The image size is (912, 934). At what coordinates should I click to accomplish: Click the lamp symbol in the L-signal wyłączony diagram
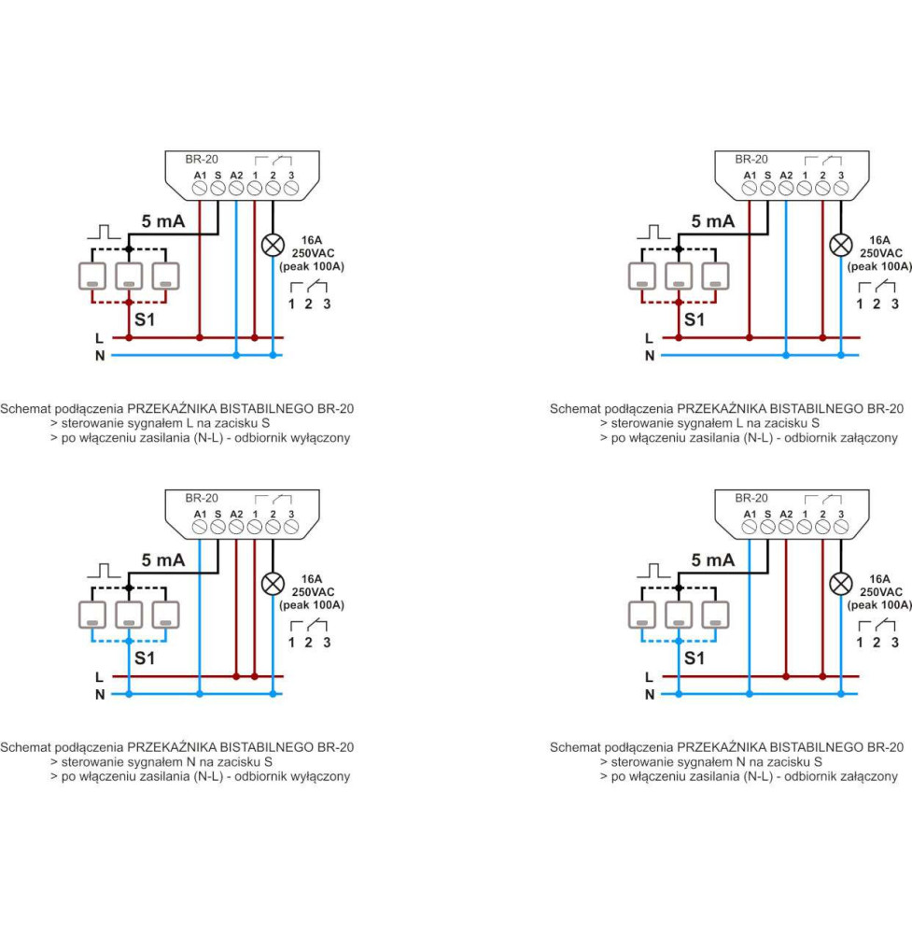coord(273,245)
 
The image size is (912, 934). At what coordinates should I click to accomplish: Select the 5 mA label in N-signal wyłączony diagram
coord(162,560)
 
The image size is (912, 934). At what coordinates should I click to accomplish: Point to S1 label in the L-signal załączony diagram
coord(695,318)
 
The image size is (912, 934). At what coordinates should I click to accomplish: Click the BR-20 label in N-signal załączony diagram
coord(751,499)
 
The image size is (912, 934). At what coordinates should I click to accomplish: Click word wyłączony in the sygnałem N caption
coord(320,776)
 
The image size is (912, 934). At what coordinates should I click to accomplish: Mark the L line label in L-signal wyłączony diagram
coord(99,338)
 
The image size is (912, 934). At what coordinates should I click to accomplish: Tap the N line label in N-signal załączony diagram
coord(650,694)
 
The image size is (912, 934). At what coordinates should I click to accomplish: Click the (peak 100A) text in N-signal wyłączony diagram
coord(312,605)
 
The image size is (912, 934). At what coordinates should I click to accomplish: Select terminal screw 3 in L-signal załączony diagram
coord(841,189)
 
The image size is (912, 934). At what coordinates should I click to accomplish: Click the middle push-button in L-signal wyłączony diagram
coord(128,276)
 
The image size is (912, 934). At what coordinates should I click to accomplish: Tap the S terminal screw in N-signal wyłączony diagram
coord(217,528)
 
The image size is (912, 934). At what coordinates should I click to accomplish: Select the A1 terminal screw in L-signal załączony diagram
coord(750,189)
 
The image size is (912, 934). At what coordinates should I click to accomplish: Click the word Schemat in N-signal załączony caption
coord(575,747)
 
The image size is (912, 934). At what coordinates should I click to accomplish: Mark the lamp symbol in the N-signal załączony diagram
coord(841,584)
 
